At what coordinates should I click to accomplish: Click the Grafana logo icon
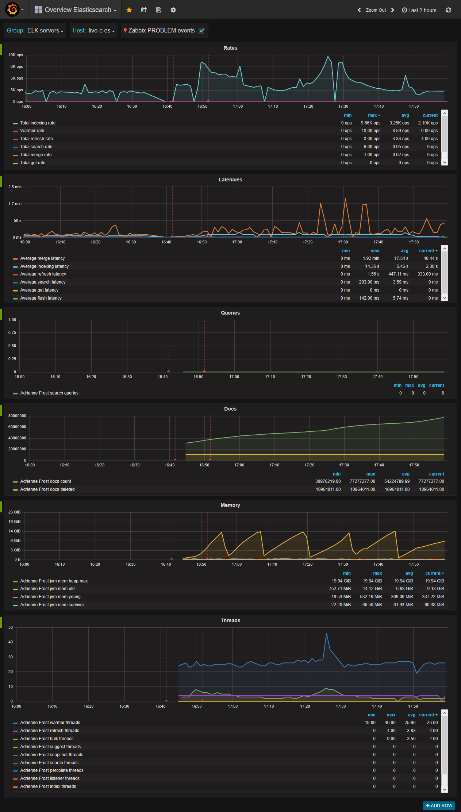(x=12, y=9)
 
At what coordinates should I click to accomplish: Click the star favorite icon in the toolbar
(x=129, y=10)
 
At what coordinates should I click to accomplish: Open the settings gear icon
(x=173, y=10)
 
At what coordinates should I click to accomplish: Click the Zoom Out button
(x=376, y=10)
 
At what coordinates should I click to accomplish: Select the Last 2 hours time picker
(x=419, y=10)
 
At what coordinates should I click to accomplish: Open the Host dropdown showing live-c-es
(x=93, y=31)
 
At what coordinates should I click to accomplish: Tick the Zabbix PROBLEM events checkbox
(x=201, y=31)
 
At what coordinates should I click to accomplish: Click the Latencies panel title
(x=230, y=180)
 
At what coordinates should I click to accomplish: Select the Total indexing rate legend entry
(x=38, y=123)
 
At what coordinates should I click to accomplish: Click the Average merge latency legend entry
(x=42, y=258)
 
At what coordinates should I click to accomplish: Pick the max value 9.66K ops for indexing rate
(x=370, y=123)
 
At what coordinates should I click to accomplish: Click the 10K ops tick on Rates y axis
(x=16, y=55)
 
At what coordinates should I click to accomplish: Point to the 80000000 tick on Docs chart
(x=17, y=416)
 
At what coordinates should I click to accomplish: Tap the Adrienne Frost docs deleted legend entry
(x=47, y=489)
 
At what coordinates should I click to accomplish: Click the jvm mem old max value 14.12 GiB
(x=372, y=589)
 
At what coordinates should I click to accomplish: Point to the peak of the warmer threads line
(x=326, y=634)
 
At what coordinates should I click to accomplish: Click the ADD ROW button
(x=439, y=805)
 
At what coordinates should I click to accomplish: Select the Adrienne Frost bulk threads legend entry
(x=47, y=739)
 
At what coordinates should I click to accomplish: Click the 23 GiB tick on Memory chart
(x=15, y=512)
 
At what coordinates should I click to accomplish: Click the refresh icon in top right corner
(x=448, y=10)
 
